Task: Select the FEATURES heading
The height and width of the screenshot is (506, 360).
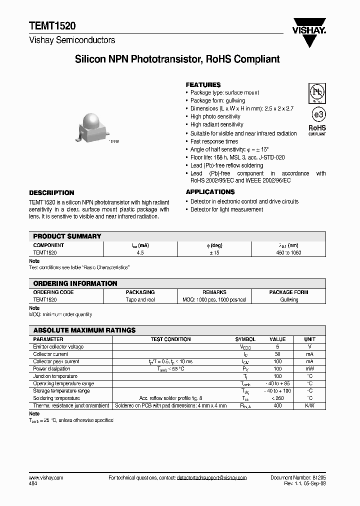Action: point(203,85)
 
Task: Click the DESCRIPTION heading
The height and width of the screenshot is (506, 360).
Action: point(51,192)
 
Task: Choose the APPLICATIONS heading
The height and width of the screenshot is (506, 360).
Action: point(210,192)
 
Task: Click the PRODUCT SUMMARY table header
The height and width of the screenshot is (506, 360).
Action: point(67,236)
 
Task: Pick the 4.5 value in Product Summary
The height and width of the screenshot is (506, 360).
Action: point(140,253)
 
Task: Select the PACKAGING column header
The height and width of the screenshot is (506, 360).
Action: point(140,292)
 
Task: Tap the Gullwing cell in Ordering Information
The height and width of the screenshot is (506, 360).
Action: point(288,299)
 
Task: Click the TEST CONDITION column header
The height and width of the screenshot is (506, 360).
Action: point(170,339)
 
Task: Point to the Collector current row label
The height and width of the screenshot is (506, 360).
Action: point(49,354)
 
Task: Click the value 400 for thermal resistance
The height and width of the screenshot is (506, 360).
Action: point(277,405)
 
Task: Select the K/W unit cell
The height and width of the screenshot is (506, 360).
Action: point(309,405)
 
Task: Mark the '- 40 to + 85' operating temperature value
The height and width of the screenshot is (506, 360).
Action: point(277,383)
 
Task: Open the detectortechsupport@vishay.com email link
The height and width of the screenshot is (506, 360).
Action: point(211,478)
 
